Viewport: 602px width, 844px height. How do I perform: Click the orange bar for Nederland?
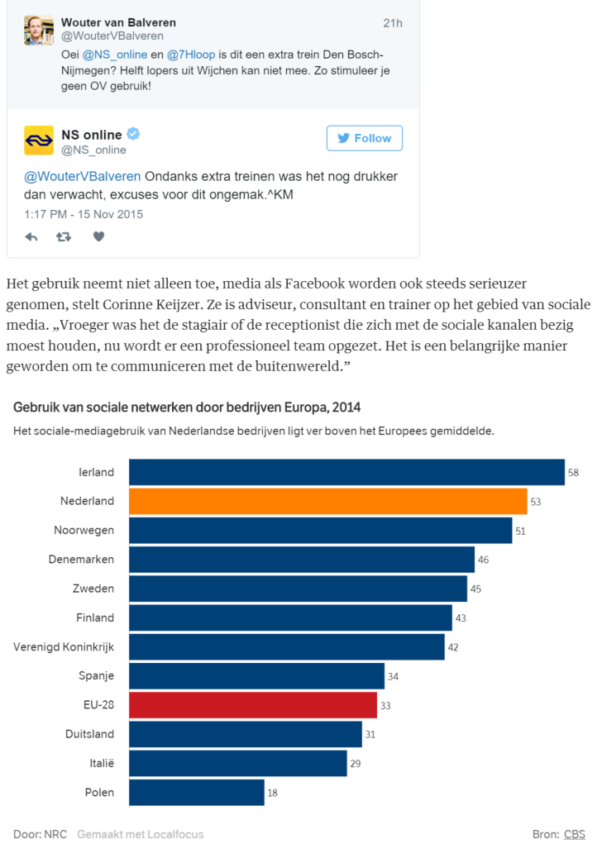327,501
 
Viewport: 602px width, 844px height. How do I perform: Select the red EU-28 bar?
253,705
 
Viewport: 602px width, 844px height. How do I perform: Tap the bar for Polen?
197,792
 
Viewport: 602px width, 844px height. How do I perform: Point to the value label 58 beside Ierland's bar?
572,473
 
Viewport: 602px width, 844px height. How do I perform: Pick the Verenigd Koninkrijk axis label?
64,646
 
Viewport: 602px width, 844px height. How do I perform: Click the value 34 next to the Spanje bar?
393,676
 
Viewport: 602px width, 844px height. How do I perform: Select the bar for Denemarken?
302,560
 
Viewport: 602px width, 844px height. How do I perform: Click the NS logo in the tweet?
39,141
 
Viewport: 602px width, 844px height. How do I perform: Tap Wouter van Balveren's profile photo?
39,30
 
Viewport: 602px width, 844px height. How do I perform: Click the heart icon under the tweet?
98,236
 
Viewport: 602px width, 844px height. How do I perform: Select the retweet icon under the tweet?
64,236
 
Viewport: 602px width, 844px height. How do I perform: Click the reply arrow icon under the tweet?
31,236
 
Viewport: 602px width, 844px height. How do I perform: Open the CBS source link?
574,834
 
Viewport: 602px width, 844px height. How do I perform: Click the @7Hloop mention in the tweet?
191,55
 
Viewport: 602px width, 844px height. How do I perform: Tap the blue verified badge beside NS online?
132,134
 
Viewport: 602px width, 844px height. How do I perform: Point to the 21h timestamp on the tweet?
393,23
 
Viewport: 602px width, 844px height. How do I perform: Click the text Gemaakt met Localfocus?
141,834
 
